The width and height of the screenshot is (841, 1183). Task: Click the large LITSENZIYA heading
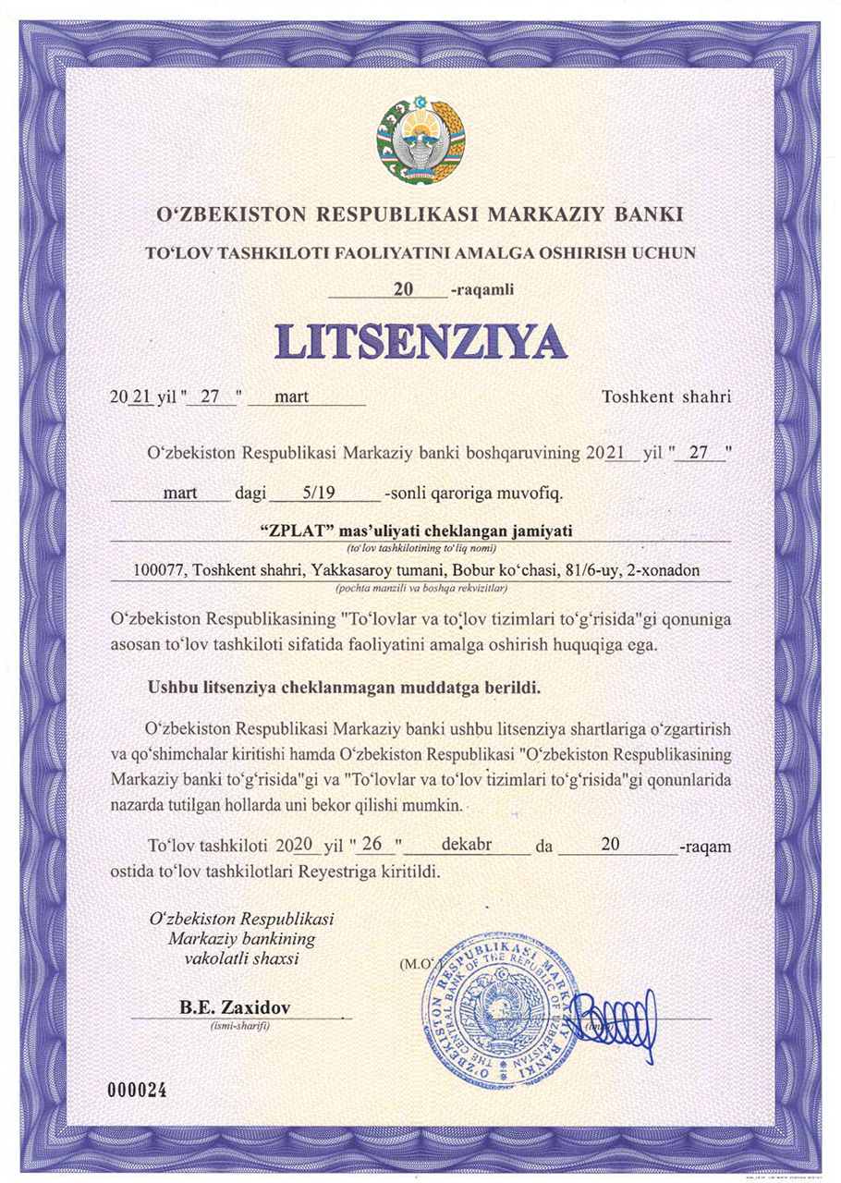coord(420,341)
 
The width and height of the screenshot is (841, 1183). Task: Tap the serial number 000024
coord(136,1091)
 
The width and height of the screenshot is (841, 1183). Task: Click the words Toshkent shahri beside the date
coord(666,397)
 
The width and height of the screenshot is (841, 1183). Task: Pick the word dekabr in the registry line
coord(466,845)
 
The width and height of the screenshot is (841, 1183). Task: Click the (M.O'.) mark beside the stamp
coord(416,964)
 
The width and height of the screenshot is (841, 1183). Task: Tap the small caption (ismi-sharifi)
coord(239,1025)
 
